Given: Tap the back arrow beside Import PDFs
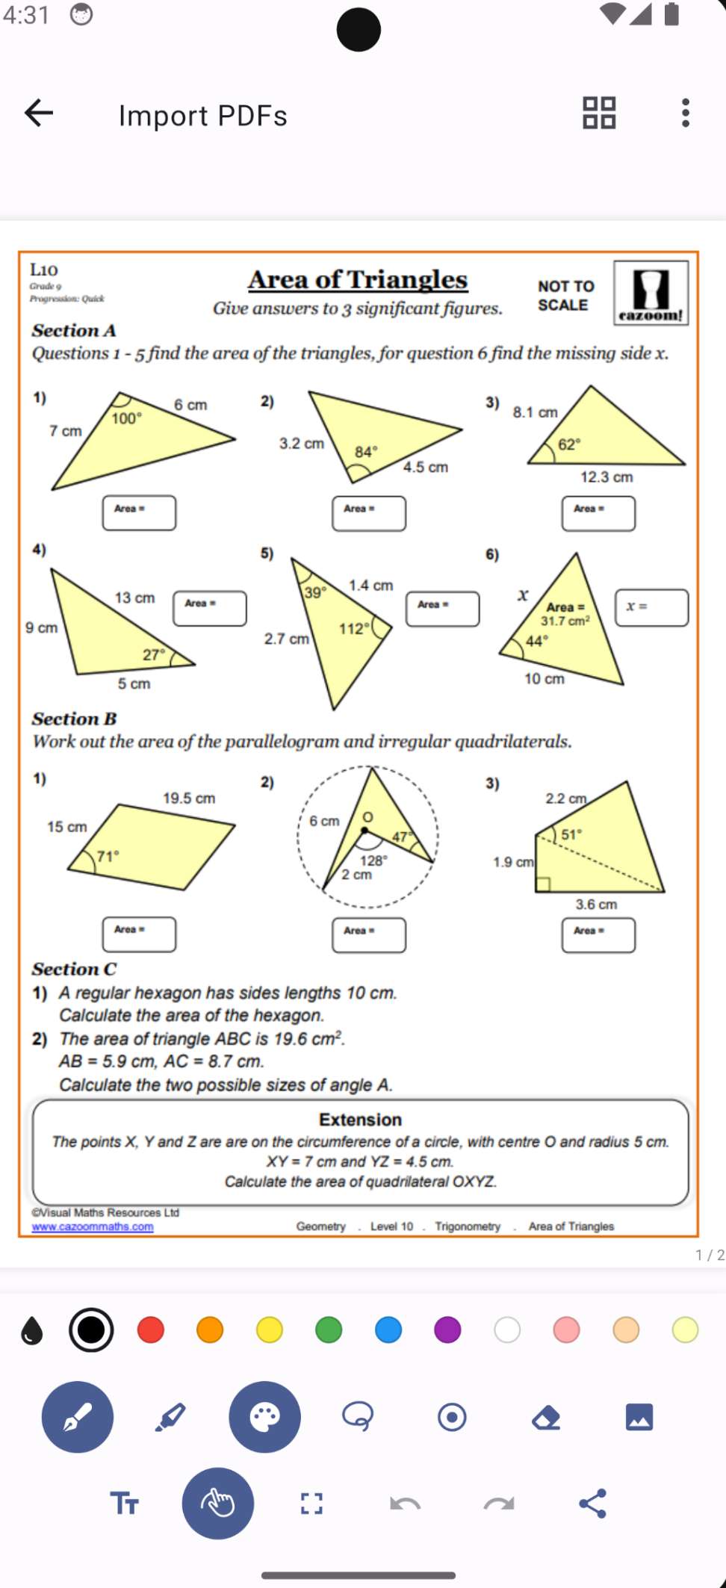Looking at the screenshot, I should pyautogui.click(x=39, y=114).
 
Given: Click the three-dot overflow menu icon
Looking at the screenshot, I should pyautogui.click(x=685, y=114).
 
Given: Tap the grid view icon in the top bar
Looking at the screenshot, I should pyautogui.click(x=599, y=114).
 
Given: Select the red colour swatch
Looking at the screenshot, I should pyautogui.click(x=151, y=1330).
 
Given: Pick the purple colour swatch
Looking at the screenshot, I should pyautogui.click(x=447, y=1330).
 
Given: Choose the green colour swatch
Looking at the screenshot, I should pyautogui.click(x=329, y=1330).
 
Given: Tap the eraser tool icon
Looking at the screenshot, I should pyautogui.click(x=546, y=1417).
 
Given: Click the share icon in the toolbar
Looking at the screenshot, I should pyautogui.click(x=593, y=1504).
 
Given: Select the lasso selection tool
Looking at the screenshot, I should pyautogui.click(x=358, y=1416).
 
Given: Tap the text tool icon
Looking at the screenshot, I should pyautogui.click(x=124, y=1504).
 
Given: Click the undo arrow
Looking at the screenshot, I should pyautogui.click(x=405, y=1504).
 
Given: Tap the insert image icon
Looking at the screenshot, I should pyautogui.click(x=639, y=1417).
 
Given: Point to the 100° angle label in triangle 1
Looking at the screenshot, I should pyautogui.click(x=126, y=419).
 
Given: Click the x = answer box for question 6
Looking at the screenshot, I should pyautogui.click(x=651, y=607).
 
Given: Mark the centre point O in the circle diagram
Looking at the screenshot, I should pyautogui.click(x=364, y=830).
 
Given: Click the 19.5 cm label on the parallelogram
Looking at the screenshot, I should pyautogui.click(x=189, y=798).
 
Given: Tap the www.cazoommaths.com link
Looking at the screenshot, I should pyautogui.click(x=93, y=1226).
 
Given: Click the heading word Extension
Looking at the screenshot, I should pyautogui.click(x=360, y=1120).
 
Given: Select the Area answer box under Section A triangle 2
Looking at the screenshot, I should pyautogui.click(x=369, y=514).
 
